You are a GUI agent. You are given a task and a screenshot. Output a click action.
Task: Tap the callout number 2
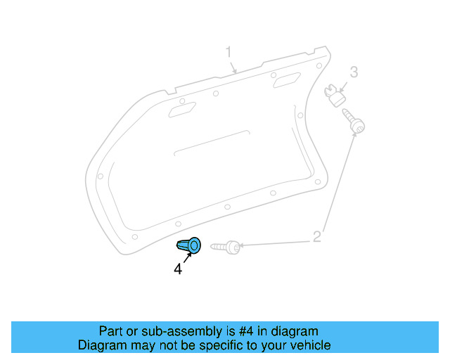coord(317,236)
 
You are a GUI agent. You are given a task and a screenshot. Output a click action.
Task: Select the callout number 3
coord(354,72)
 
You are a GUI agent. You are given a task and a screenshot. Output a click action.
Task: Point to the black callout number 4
coord(178,269)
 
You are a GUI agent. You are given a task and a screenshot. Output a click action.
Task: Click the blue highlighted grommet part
coord(189,245)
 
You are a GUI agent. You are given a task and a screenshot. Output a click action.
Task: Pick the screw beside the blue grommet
coord(226,247)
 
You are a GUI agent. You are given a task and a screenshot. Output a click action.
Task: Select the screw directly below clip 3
coord(353,121)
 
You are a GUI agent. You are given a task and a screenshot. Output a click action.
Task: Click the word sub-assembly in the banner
coord(167,331)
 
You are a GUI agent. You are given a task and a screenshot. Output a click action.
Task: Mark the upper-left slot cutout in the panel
coord(182,108)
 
